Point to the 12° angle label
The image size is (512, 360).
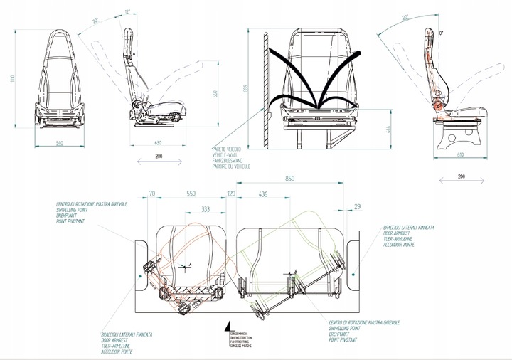(129, 11)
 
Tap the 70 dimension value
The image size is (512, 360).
(152, 194)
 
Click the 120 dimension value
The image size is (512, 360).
(231, 194)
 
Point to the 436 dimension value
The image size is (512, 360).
(263, 194)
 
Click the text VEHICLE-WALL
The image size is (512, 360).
(227, 154)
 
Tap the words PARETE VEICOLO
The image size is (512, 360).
(228, 149)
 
